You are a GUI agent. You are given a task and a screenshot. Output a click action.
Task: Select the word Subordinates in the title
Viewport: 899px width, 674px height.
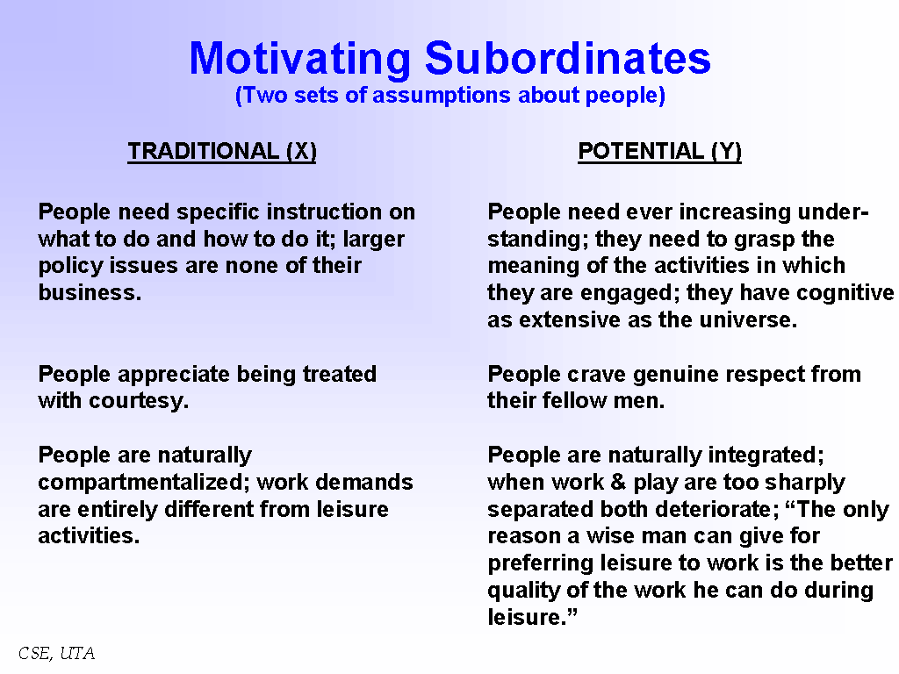[568, 58]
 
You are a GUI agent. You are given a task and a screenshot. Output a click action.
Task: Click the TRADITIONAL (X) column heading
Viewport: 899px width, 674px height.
[222, 151]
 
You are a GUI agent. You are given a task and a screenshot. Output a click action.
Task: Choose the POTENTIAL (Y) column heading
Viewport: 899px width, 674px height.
[659, 151]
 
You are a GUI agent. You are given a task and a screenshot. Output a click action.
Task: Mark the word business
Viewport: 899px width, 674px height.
[90, 292]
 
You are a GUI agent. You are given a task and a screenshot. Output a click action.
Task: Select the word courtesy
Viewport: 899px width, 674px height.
[138, 401]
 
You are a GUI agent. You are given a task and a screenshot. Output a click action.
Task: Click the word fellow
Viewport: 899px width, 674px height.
[575, 400]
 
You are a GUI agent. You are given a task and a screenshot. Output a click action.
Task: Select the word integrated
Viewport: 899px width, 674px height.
[766, 455]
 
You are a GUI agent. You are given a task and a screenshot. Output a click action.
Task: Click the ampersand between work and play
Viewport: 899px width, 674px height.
[618, 483]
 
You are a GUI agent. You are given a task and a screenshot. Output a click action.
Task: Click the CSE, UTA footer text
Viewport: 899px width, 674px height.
[56, 653]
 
